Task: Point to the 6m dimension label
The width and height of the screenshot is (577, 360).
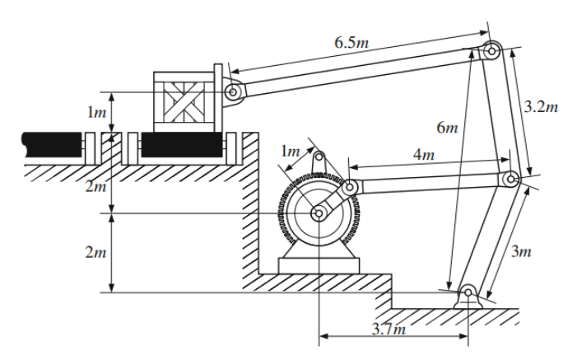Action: [x=446, y=129]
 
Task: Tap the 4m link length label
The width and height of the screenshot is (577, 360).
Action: [x=422, y=156]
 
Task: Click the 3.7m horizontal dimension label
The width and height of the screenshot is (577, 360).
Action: [x=387, y=330]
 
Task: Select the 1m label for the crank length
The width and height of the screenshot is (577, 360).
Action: [x=290, y=152]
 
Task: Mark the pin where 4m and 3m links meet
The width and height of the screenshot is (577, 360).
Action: [x=511, y=179]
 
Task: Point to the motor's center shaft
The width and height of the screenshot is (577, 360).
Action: [x=318, y=213]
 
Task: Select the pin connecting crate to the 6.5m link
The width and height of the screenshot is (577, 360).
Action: [x=233, y=93]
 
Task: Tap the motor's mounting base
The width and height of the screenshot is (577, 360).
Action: [x=319, y=264]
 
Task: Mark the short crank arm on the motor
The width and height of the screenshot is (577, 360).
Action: [x=333, y=201]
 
